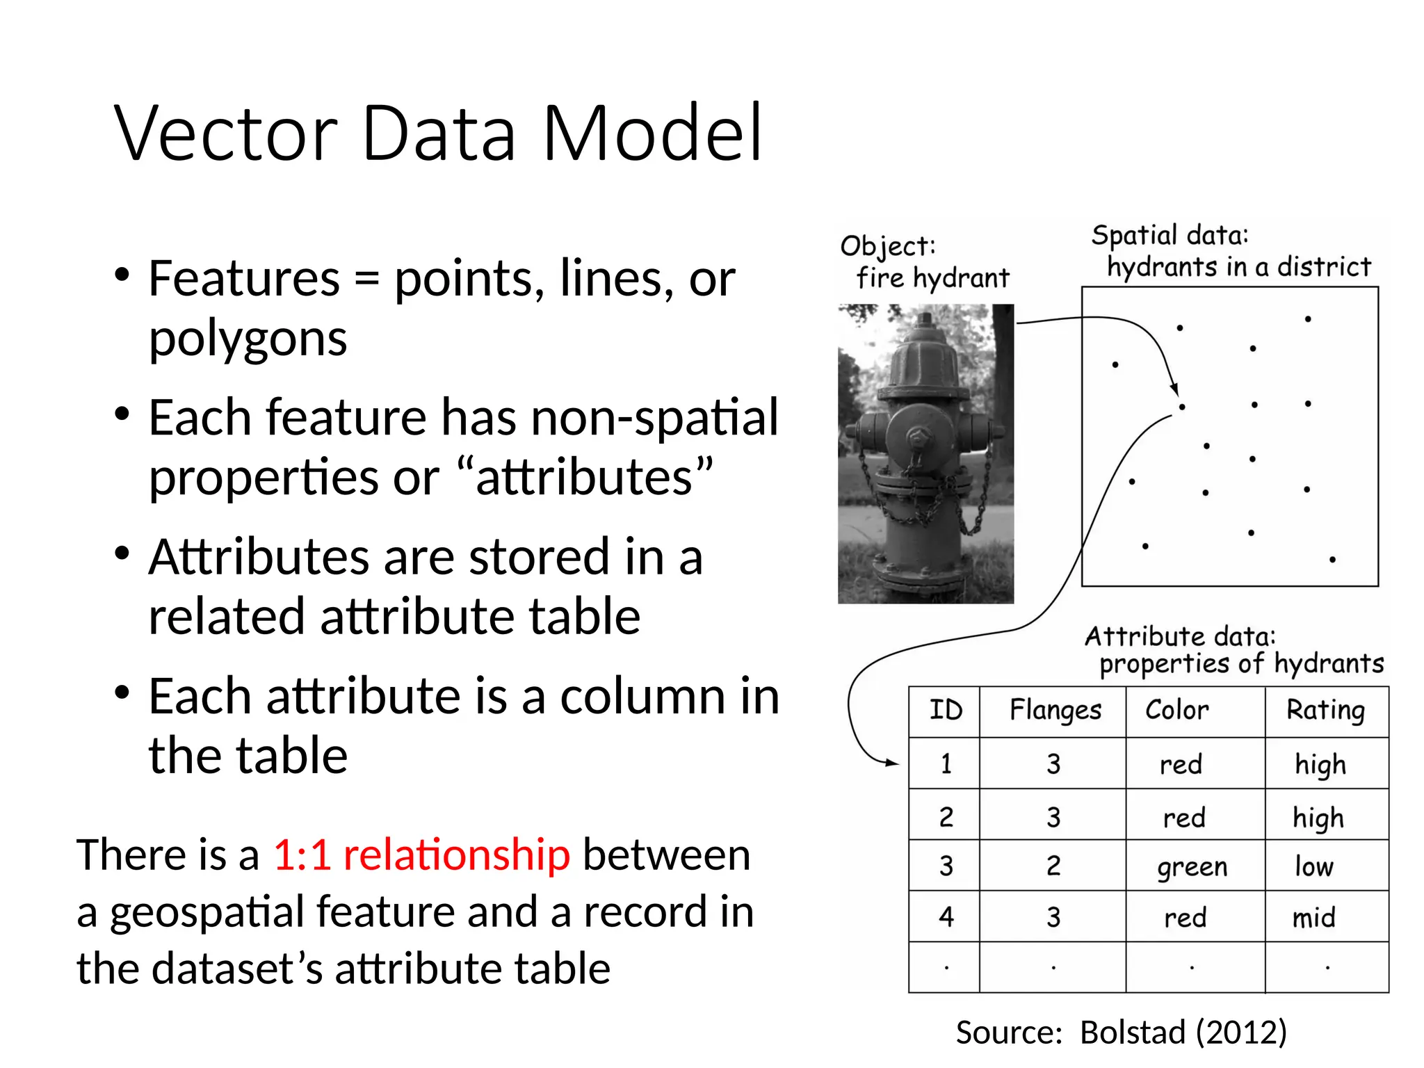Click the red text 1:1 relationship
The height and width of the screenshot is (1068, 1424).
point(421,855)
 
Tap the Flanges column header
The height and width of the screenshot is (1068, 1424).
point(1055,711)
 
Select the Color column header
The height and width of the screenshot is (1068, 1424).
point(1176,710)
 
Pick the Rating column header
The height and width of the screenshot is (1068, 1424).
point(1325,711)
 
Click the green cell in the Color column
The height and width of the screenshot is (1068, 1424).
point(1192,867)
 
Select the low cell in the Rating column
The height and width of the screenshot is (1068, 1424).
point(1313,866)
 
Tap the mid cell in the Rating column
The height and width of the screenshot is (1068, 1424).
point(1313,918)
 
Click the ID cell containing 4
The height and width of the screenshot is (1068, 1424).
point(946,917)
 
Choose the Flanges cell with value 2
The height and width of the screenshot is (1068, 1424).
point(1053,866)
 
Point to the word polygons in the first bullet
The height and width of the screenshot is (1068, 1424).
point(248,340)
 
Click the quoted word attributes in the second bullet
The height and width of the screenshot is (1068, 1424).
point(585,478)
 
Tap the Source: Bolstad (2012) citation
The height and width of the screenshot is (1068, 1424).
point(1121,1032)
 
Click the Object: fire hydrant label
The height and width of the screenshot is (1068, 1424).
point(925,263)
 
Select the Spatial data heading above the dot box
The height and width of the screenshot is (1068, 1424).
point(1170,236)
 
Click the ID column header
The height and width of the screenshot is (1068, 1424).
point(946,711)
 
